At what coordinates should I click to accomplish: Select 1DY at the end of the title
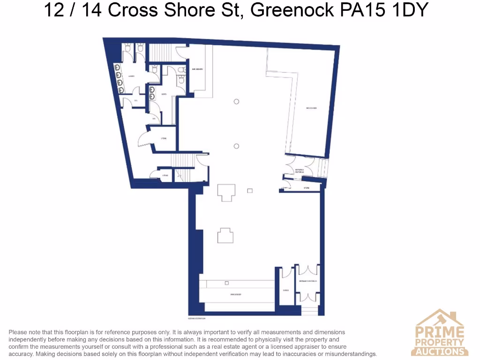click(408, 10)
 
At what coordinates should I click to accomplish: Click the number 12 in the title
click(54, 10)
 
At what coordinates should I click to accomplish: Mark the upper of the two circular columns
click(237, 101)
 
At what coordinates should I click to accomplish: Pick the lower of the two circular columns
click(237, 146)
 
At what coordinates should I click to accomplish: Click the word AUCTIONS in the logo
click(440, 351)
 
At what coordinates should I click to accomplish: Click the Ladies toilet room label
click(132, 75)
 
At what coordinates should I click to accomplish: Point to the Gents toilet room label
click(164, 94)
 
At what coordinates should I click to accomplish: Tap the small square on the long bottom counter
click(227, 283)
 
